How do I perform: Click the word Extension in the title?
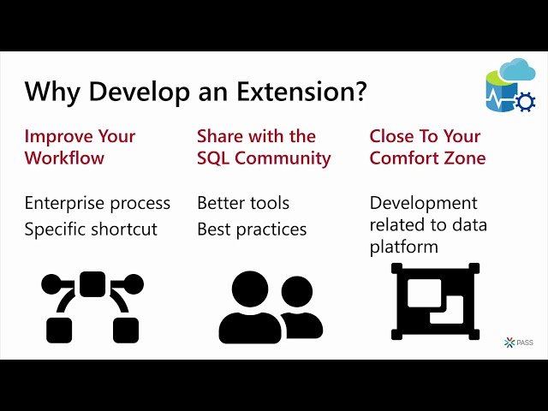coord(289,92)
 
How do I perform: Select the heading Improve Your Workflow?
coord(80,147)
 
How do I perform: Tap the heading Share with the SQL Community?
coord(263,147)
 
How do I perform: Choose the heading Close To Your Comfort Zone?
coord(427,147)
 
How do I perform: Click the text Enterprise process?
coord(97,203)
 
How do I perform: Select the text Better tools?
coord(243,203)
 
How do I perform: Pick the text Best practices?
coord(252,229)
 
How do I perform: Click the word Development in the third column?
coord(423,203)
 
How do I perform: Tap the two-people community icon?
coord(270,307)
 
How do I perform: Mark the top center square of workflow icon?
coord(92,283)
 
